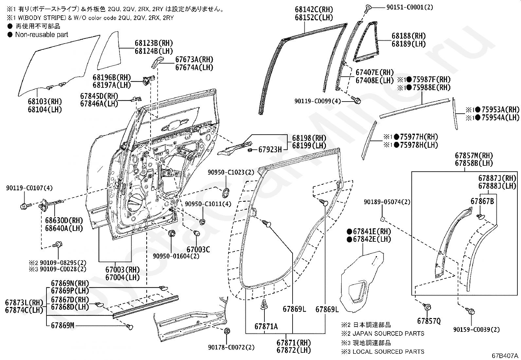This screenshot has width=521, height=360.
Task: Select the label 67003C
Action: (198, 250)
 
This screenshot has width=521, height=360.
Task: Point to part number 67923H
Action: (270, 150)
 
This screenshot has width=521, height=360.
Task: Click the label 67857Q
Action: (429, 321)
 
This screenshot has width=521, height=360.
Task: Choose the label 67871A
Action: (266, 326)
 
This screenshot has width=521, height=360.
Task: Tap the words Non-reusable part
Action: (42, 34)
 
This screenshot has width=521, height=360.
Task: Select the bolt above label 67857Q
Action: (427, 307)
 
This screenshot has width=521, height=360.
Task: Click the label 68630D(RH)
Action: (64, 220)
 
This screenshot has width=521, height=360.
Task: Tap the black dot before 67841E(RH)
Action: (350, 231)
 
